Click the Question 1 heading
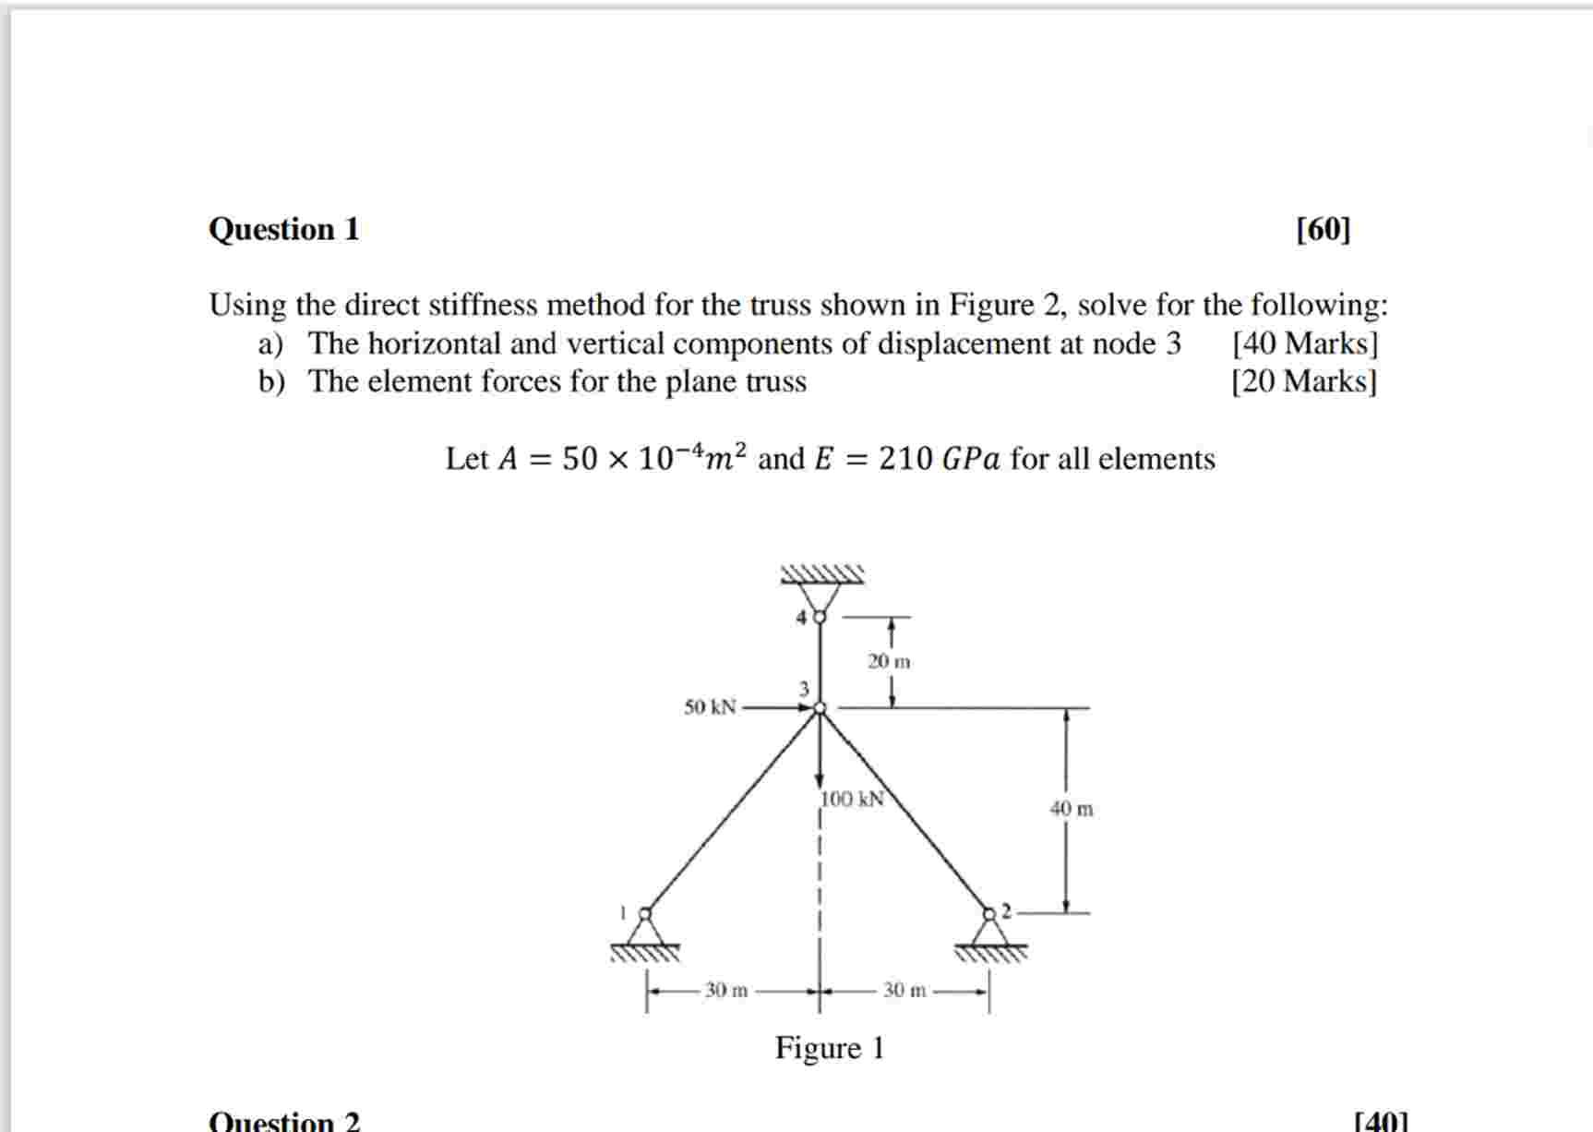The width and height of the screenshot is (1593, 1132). coord(283,229)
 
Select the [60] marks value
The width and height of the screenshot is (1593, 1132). coord(1323,229)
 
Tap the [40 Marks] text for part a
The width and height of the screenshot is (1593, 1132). coord(1304,343)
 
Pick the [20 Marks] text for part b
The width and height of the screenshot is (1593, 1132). coord(1303,381)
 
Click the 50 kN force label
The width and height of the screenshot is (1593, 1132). coord(710,707)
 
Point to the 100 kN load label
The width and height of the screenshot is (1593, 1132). coord(853,799)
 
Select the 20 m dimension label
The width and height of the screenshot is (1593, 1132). coord(888,661)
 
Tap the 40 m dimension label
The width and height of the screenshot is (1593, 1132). coord(1071,809)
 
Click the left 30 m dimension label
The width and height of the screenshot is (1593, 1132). coord(726,991)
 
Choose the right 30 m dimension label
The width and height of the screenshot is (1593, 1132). coord(904,991)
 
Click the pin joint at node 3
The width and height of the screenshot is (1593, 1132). coord(820,708)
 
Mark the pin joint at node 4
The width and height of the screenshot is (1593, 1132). coord(819,616)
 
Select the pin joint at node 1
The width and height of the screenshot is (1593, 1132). coord(645,913)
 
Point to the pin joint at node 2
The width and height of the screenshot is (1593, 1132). coord(989,913)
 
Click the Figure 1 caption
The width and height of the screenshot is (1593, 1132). coord(829,1048)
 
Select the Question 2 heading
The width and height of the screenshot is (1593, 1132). coord(283,1121)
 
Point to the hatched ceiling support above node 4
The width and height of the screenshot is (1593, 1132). coord(821,574)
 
